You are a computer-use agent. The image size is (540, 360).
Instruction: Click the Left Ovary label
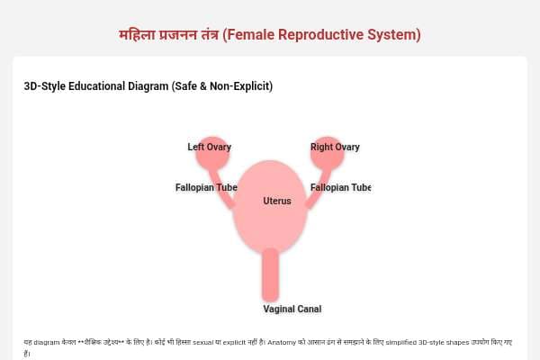(209, 147)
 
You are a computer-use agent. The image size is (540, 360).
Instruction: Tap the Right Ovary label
(335, 147)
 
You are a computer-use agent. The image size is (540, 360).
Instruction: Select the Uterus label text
(277, 201)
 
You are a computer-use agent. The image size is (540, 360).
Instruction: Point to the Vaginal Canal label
(292, 309)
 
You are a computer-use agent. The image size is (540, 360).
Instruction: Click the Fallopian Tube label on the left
(206, 187)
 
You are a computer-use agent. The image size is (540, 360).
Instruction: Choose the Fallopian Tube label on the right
(340, 187)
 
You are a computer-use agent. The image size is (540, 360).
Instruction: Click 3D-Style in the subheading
(45, 86)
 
